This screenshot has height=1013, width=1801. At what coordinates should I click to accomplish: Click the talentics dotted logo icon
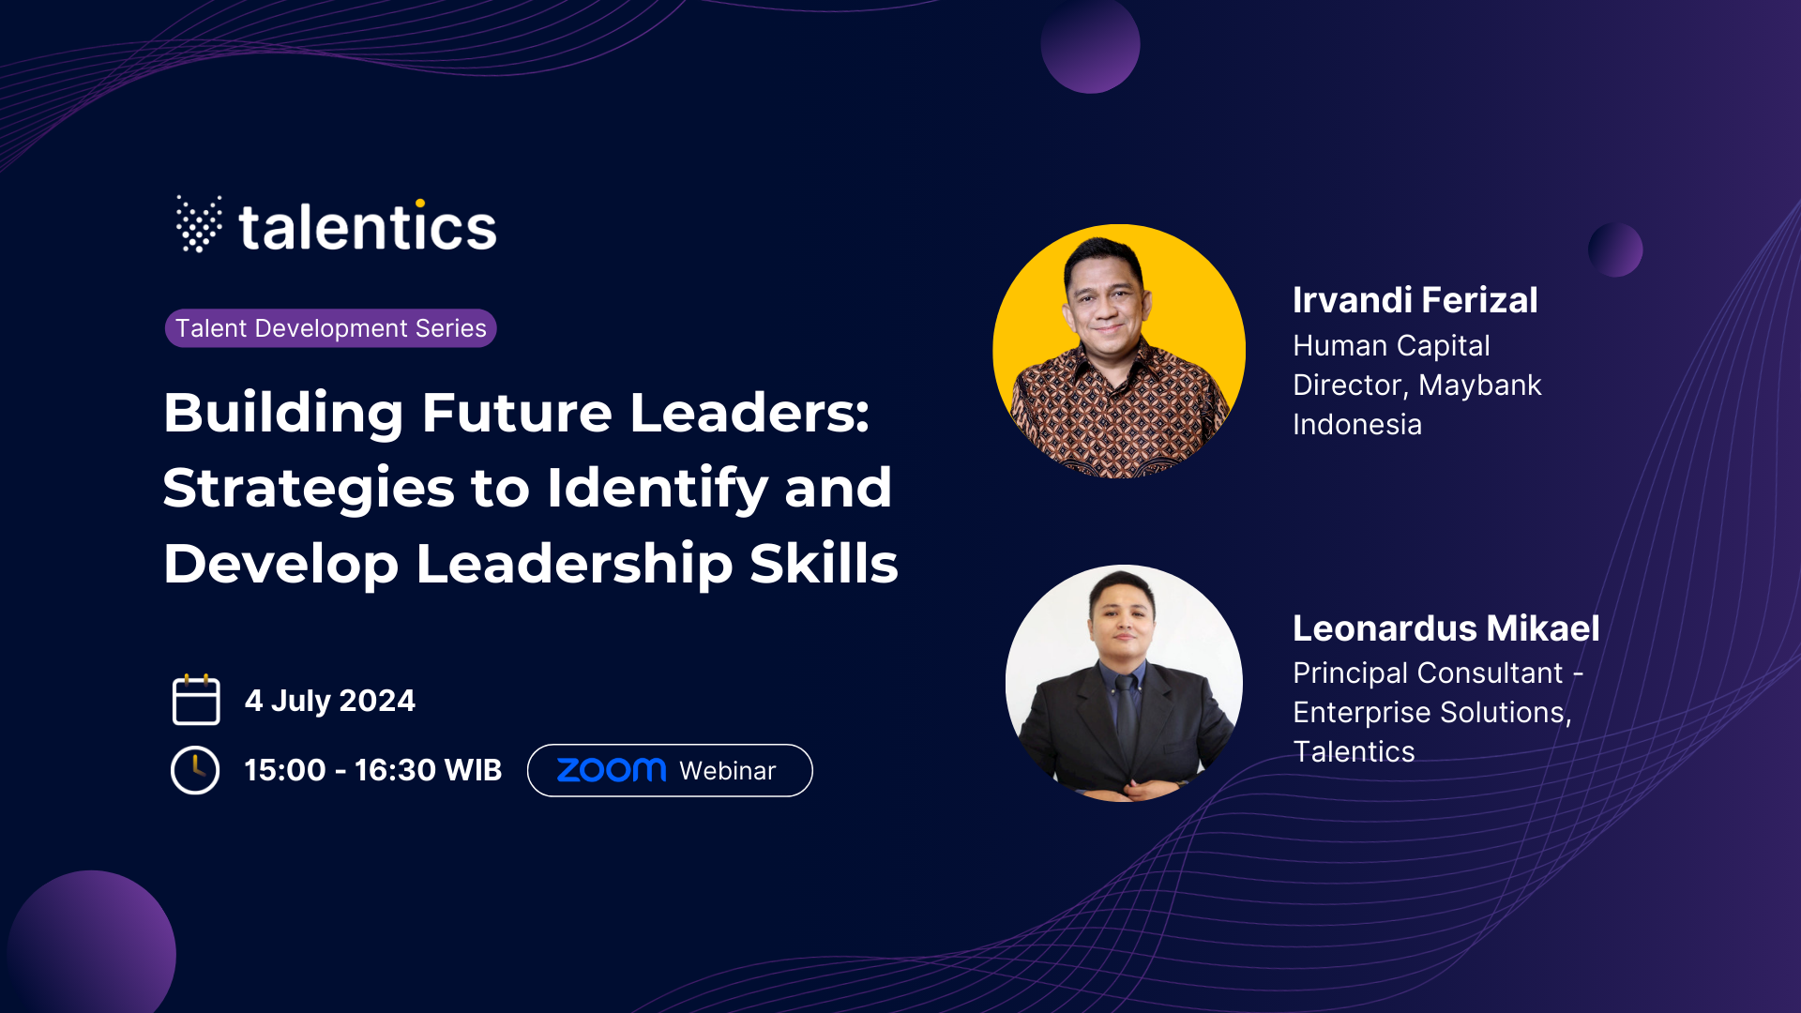[x=199, y=224]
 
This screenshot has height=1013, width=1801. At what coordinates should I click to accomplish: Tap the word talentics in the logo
[x=368, y=226]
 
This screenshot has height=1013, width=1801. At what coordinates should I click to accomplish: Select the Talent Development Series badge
[x=330, y=328]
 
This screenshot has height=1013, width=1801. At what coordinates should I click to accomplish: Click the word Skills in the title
[x=824, y=564]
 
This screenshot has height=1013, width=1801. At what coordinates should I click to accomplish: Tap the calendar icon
[x=196, y=700]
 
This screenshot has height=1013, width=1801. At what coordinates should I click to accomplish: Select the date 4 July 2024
[x=329, y=701]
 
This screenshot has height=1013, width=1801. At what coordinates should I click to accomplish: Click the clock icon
[x=195, y=770]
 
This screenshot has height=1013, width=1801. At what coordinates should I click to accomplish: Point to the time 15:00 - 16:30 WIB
[x=373, y=770]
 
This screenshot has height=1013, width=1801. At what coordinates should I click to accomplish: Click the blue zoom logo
[x=612, y=770]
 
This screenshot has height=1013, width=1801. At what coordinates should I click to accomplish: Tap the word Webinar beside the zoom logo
[x=728, y=771]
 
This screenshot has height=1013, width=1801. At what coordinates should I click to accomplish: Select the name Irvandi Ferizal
[x=1415, y=300]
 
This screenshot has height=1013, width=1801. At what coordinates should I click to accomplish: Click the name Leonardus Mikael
[x=1445, y=628]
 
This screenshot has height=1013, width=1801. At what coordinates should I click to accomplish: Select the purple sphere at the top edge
[x=1090, y=45]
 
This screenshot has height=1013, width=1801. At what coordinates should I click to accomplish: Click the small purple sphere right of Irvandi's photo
[x=1615, y=249]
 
